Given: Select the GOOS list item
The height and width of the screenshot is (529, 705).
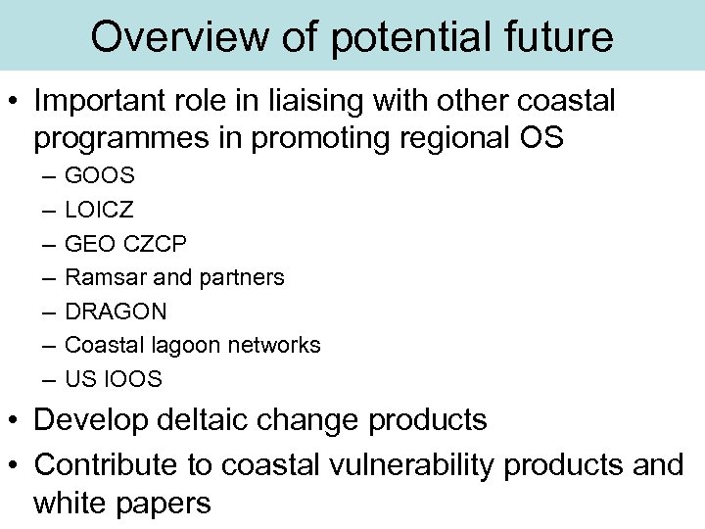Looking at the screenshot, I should click(x=100, y=176).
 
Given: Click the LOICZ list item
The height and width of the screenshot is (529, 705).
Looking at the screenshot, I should click(x=100, y=210).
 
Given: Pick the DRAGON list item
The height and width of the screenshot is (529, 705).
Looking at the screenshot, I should click(x=116, y=312).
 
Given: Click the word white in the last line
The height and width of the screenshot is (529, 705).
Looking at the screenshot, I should click(x=75, y=503).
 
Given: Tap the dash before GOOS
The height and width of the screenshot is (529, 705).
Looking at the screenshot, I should click(x=49, y=176).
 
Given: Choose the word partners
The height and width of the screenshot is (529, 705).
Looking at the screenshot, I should click(x=240, y=277).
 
